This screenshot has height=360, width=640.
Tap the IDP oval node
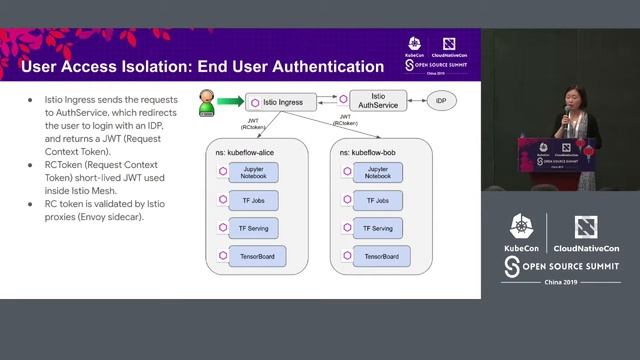[x=439, y=102]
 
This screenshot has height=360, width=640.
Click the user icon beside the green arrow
[x=206, y=102]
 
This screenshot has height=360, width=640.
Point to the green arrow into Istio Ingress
[x=231, y=102]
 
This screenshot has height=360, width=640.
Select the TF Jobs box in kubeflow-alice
[x=252, y=200]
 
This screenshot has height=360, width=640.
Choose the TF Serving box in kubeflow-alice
[x=252, y=227]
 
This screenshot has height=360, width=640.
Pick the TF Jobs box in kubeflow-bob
[x=378, y=200]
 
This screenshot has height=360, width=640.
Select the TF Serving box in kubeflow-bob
[x=378, y=227]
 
